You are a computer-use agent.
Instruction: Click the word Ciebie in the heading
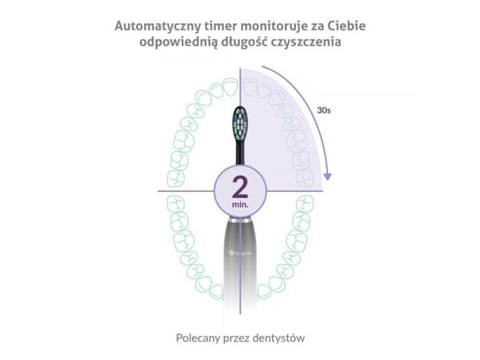pyautogui.click(x=347, y=26)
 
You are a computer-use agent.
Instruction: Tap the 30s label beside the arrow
pyautogui.click(x=324, y=110)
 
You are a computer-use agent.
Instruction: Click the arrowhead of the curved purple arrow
pyautogui.click(x=327, y=177)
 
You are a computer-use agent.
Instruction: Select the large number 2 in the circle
pyautogui.click(x=240, y=187)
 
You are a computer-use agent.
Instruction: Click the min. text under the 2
pyautogui.click(x=240, y=204)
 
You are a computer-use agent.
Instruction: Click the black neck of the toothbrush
pyautogui.click(x=240, y=153)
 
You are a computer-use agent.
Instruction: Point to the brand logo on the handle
pyautogui.click(x=240, y=253)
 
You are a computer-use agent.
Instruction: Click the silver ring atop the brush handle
pyautogui.click(x=240, y=220)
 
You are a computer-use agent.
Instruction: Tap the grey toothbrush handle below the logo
pyautogui.click(x=240, y=282)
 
